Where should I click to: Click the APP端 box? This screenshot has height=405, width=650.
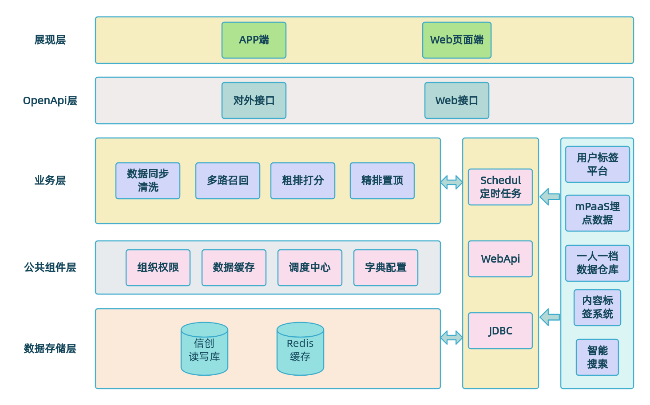[x=254, y=40]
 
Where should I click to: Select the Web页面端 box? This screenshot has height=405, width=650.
[x=456, y=40]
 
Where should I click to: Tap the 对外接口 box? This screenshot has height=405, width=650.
[x=254, y=100]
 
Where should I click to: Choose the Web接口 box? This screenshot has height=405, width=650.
[x=456, y=100]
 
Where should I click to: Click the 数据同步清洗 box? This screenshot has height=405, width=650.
[x=147, y=181]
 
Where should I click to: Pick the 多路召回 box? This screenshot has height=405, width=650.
[x=227, y=181]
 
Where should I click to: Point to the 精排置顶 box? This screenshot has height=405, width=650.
[x=382, y=181]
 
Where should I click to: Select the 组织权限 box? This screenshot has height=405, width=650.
[x=158, y=267]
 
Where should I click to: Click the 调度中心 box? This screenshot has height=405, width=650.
[x=309, y=267]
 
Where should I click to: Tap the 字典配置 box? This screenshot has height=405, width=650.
[x=385, y=267]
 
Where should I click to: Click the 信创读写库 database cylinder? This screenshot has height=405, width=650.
[x=204, y=349]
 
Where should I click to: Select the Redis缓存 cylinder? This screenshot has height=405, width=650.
[x=300, y=349]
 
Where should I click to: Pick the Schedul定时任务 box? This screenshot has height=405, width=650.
[x=500, y=187]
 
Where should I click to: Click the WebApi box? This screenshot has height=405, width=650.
[x=500, y=259]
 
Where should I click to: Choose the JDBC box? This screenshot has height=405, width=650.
[x=500, y=330]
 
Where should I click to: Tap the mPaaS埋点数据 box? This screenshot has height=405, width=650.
[x=597, y=213]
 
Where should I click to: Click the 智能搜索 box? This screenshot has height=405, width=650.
[x=597, y=357]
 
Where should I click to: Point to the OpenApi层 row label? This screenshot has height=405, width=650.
[x=50, y=101]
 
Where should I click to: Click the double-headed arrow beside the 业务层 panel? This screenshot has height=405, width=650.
[x=452, y=182]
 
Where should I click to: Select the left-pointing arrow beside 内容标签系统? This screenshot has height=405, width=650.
[x=550, y=317]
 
